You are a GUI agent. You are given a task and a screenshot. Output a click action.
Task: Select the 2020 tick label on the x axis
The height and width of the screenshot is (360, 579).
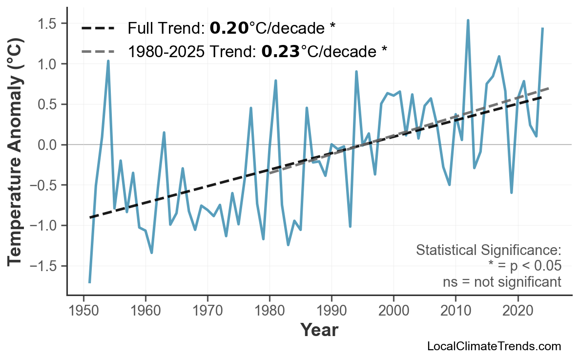pyautogui.click(x=517, y=311)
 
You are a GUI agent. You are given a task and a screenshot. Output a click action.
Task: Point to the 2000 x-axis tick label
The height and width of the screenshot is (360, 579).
pyautogui.click(x=393, y=311)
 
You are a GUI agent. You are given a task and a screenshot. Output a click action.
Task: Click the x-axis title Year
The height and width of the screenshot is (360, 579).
pyautogui.click(x=319, y=330)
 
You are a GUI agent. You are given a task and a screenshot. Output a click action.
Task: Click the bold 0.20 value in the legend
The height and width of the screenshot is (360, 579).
pyautogui.click(x=229, y=29)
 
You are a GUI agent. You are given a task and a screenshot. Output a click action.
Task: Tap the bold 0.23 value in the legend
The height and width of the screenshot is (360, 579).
pyautogui.click(x=281, y=51)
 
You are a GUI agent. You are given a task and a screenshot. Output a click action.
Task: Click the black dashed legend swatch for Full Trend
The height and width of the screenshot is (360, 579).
pyautogui.click(x=98, y=29)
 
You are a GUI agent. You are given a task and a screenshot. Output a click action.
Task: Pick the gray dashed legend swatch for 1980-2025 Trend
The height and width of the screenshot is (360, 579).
pyautogui.click(x=98, y=51)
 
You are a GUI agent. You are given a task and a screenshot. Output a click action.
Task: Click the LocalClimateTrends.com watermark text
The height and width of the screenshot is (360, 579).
pyautogui.click(x=494, y=346)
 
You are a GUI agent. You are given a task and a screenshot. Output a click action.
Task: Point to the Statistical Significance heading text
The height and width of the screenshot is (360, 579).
pyautogui.click(x=488, y=251)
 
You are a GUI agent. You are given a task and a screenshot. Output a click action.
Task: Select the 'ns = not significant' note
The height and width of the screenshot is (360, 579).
pyautogui.click(x=501, y=282)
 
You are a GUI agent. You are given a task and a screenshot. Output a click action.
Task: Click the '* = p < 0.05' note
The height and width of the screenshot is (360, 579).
pyautogui.click(x=524, y=266)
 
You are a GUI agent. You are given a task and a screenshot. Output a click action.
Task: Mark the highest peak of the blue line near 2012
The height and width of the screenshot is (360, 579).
pyautogui.click(x=468, y=21)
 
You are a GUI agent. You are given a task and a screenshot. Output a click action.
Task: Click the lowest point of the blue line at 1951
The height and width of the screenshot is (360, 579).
pyautogui.click(x=90, y=282)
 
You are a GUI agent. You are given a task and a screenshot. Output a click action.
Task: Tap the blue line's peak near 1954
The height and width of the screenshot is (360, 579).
pyautogui.click(x=108, y=61)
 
